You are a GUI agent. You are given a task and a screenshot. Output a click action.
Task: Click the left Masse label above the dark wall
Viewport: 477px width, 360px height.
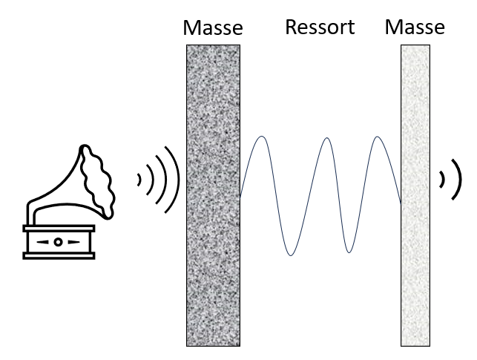point(213,28)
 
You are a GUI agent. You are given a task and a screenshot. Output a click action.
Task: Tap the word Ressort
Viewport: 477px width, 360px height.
point(320,28)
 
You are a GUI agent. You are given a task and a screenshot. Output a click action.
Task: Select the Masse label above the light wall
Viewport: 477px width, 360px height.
point(415,28)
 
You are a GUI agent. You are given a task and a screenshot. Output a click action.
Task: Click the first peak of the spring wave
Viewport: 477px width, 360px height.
point(263,137)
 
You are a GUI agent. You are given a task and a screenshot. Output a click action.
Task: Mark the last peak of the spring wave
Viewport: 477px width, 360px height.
point(378,137)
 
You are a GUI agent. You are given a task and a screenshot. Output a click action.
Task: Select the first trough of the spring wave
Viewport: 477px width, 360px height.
point(292,255)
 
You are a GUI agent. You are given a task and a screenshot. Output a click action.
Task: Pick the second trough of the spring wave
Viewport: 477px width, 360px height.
point(349,254)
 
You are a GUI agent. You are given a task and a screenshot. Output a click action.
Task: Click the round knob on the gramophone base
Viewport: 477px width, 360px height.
point(57,242)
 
